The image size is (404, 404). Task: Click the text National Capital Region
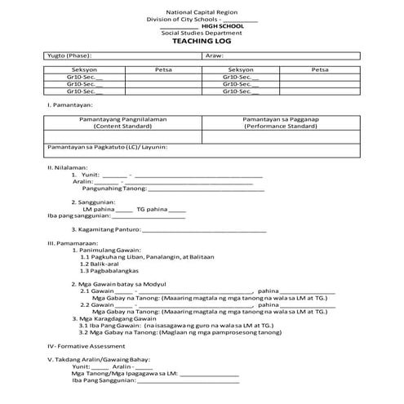pyautogui.click(x=202, y=13)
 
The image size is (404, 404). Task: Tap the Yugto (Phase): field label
pyautogui.click(x=68, y=54)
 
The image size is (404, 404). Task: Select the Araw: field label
pyautogui.click(x=215, y=54)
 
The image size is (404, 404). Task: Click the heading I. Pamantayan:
pyautogui.click(x=69, y=105)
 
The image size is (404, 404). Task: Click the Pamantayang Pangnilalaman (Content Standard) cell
pyautogui.click(x=122, y=122)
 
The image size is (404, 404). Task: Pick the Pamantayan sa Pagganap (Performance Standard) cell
pyautogui.click(x=280, y=122)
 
